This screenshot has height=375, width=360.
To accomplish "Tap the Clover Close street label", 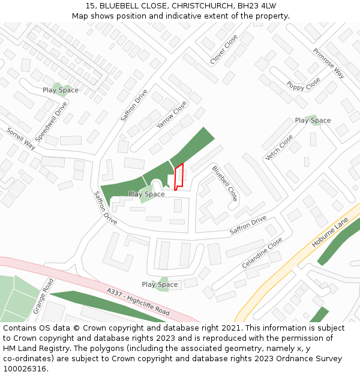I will click(x=224, y=49).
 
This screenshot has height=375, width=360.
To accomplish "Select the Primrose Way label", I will click(x=329, y=64).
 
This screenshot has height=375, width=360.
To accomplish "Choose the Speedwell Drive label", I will click(x=51, y=122).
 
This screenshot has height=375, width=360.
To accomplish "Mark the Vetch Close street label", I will click(x=279, y=148).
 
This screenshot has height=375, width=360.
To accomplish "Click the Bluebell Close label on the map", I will click(x=225, y=183).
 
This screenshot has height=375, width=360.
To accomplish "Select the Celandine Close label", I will click(x=262, y=253).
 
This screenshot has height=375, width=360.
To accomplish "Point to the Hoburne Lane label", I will click(x=330, y=233).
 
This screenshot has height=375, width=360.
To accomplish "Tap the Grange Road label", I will click(x=44, y=296).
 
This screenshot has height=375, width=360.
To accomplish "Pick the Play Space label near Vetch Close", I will click(x=313, y=121).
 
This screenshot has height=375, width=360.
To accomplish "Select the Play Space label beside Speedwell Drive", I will click(x=60, y=90).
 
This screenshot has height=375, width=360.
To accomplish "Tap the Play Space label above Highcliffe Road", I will click(x=160, y=284).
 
